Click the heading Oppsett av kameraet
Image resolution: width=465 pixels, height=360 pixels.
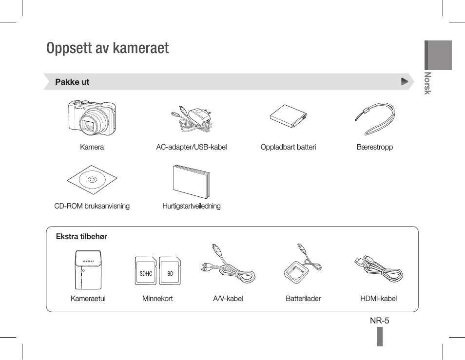pos(107,48)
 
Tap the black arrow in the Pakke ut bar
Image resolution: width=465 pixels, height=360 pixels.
pos(405,81)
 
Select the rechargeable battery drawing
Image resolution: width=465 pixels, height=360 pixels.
pos(288,116)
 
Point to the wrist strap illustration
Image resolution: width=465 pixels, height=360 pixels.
pos(376,118)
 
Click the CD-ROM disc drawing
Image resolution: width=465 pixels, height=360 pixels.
pos(92,180)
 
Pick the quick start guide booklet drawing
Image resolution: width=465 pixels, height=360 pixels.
pos(192,181)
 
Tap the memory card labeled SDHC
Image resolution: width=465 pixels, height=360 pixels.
pos(146,271)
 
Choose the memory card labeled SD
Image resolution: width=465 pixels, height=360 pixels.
pos(170,271)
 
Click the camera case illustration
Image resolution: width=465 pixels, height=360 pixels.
pos(88,269)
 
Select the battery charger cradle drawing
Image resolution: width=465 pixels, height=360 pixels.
pos(296,272)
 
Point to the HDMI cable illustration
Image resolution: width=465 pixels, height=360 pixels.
pos(379,269)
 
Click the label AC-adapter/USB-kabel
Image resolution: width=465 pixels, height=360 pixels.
pos(192,147)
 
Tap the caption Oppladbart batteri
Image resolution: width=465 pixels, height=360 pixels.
pos(288,147)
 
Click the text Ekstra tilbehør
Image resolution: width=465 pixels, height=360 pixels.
pos(81,236)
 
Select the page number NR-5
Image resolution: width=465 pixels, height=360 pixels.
pos(380,321)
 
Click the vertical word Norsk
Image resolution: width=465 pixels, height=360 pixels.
pos(427,83)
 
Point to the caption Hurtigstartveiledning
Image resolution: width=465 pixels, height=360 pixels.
pos(192,206)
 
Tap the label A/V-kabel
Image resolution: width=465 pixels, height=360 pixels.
pos(228,298)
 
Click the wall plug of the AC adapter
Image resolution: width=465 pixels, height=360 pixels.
pos(200,115)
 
